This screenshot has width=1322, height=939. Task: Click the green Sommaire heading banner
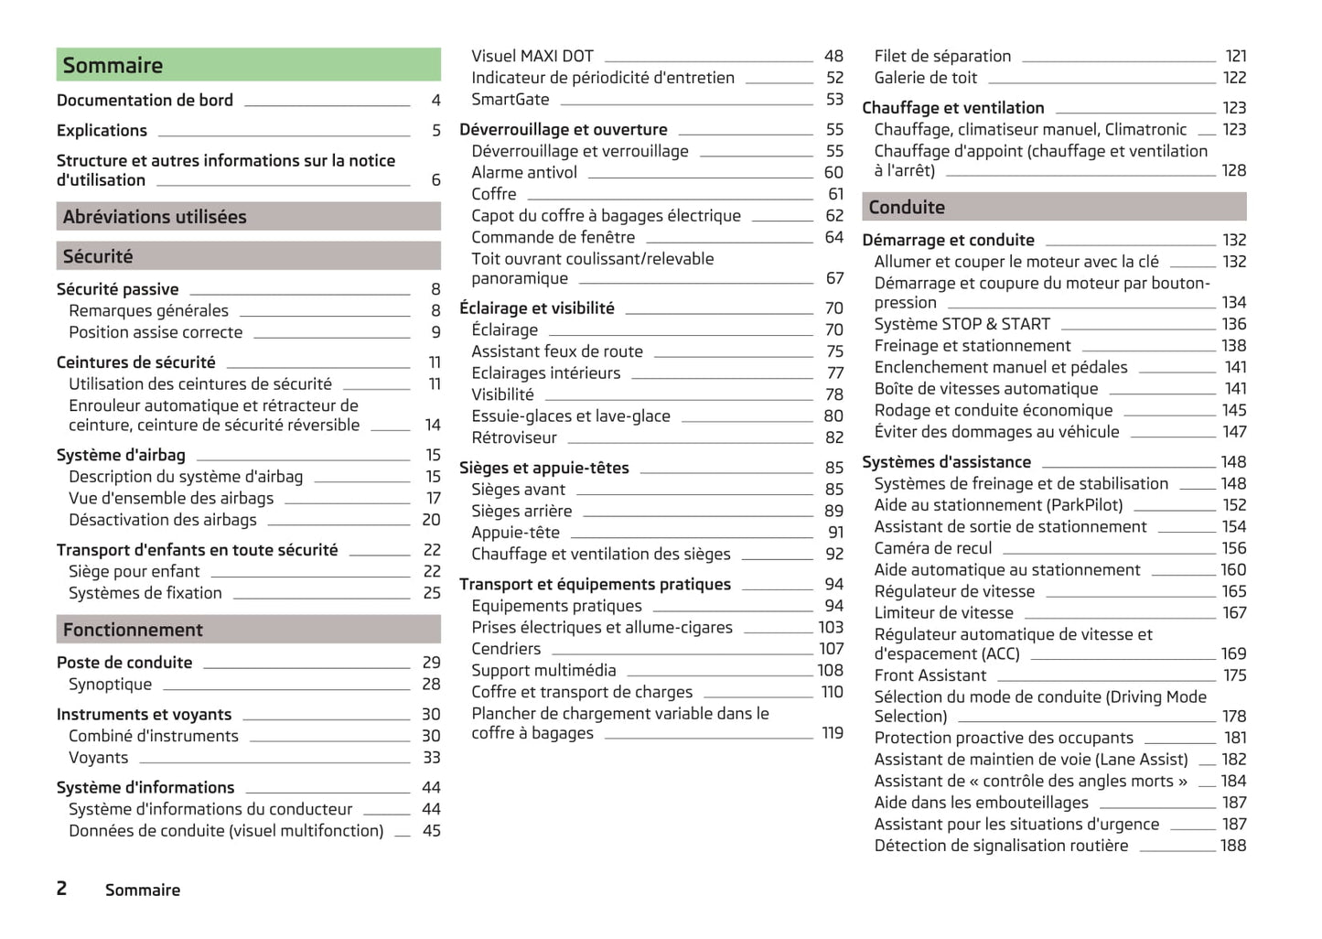(x=248, y=65)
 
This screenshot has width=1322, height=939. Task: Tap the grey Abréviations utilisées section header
(x=248, y=217)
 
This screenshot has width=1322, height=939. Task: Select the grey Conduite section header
(x=1053, y=208)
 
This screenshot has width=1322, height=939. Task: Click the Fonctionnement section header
(x=248, y=630)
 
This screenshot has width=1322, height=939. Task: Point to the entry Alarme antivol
(x=524, y=173)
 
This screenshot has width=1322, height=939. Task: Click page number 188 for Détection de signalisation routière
(x=1232, y=846)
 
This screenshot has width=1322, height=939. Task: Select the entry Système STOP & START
(x=962, y=324)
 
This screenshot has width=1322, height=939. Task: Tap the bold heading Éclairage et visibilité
(x=536, y=308)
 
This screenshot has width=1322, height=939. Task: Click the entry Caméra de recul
(x=932, y=548)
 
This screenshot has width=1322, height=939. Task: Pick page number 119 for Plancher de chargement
(x=832, y=733)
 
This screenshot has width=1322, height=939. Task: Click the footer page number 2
(x=61, y=889)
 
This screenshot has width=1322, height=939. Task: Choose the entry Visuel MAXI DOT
(x=532, y=57)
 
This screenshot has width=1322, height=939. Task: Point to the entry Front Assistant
(x=930, y=675)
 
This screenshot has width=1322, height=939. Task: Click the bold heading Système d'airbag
(x=121, y=455)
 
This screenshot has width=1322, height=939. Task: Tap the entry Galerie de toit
(x=925, y=79)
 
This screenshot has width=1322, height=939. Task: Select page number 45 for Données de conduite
(x=431, y=831)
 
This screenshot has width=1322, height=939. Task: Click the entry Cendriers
(x=506, y=649)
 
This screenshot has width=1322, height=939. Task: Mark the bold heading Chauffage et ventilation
(x=952, y=108)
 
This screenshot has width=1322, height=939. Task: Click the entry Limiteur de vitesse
(x=943, y=613)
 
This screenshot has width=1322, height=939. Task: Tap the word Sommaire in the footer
(x=143, y=890)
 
